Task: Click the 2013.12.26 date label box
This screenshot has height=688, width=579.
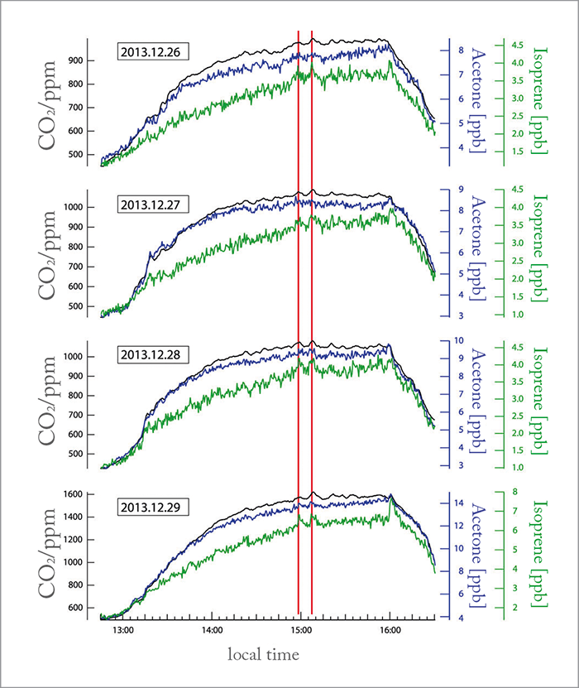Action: pos(155,51)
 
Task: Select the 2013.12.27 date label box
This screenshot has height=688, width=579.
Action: pos(155,204)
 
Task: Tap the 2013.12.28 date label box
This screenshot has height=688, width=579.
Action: pos(155,354)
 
